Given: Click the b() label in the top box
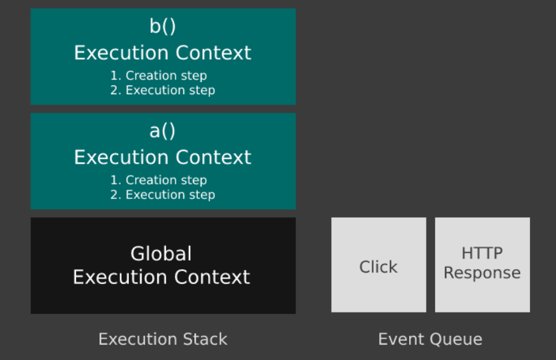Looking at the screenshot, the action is [163, 26].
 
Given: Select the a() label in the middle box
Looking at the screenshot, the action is [162, 131].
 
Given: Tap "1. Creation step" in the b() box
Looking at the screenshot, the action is [158, 75].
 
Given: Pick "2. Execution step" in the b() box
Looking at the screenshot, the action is [163, 90].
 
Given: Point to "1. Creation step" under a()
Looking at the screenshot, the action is [158, 180].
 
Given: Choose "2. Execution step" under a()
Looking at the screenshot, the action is [163, 195].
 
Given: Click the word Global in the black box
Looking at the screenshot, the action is [161, 254].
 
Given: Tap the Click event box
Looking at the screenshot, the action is [378, 265].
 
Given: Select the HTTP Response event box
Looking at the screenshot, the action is [483, 265].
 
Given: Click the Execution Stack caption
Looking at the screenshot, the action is [163, 339].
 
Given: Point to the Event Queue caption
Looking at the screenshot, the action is [430, 339].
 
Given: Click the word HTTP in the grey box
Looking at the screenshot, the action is [482, 253].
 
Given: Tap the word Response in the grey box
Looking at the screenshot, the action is [482, 273].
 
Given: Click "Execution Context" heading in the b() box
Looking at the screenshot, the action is [163, 53].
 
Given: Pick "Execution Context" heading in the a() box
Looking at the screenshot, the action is [163, 158].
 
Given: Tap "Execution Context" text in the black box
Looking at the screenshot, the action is [162, 277].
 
